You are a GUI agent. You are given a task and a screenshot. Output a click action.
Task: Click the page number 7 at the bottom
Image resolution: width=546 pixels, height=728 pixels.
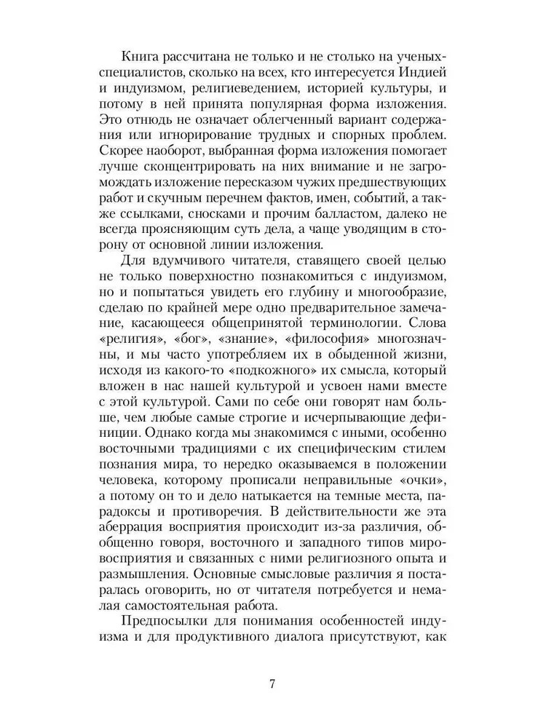tap(272, 684)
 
